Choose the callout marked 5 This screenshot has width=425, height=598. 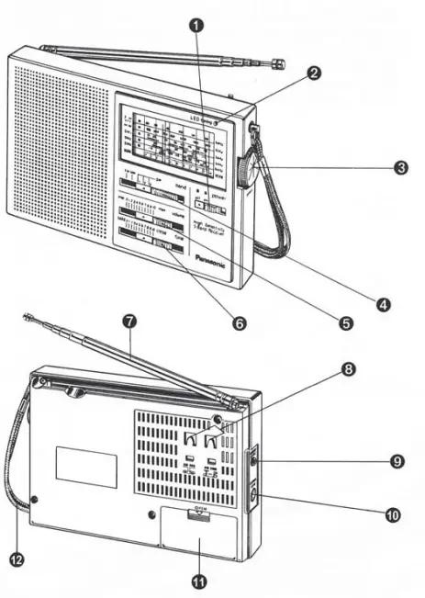345,322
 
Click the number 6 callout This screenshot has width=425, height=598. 240,324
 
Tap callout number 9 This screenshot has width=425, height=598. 397,461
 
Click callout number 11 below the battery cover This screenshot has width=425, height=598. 198,581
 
